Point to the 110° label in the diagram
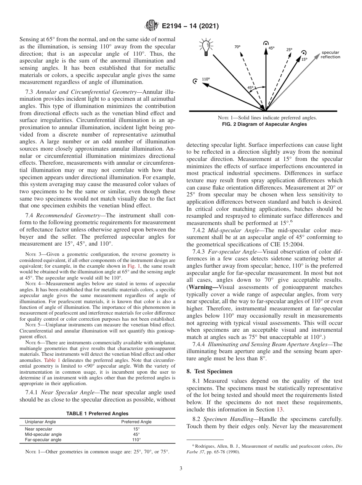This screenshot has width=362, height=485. coord(206,79)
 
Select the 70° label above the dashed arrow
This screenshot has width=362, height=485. coord(237,47)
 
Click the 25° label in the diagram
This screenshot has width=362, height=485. coord(289,50)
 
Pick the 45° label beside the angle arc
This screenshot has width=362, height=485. coord(250,87)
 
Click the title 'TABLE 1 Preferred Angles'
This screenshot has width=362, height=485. coord(97,413)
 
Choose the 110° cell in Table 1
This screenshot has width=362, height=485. coord(136,440)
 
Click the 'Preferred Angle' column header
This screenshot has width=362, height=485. coord(136,422)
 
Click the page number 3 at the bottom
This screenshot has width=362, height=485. coord(181,468)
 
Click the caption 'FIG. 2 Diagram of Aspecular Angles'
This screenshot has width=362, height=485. coord(264,124)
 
